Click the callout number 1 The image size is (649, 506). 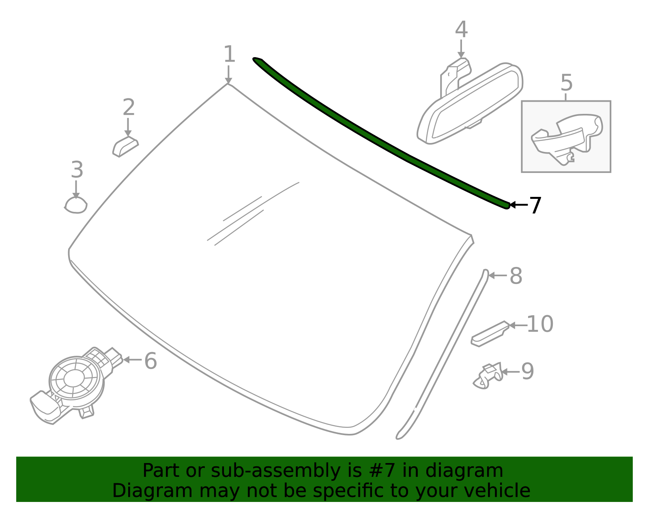coord(229,54)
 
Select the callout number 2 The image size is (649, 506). coord(129,107)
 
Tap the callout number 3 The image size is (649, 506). coord(77,170)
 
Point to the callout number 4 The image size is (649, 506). coord(461,30)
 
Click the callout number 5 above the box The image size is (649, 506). coord(567,83)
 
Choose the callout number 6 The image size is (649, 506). coord(150,361)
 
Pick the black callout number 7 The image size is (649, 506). coord(535,205)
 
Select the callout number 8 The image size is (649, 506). coord(516,276)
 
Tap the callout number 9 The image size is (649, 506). coord(527,371)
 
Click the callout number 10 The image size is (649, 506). coord(540,325)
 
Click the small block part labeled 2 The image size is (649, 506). coord(125,147)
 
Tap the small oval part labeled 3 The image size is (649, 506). coord(76,205)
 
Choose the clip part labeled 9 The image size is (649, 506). coord(488,376)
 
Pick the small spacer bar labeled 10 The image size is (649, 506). coord(490,334)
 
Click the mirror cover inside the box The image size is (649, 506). coord(567,139)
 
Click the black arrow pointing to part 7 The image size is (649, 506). coord(519,205)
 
